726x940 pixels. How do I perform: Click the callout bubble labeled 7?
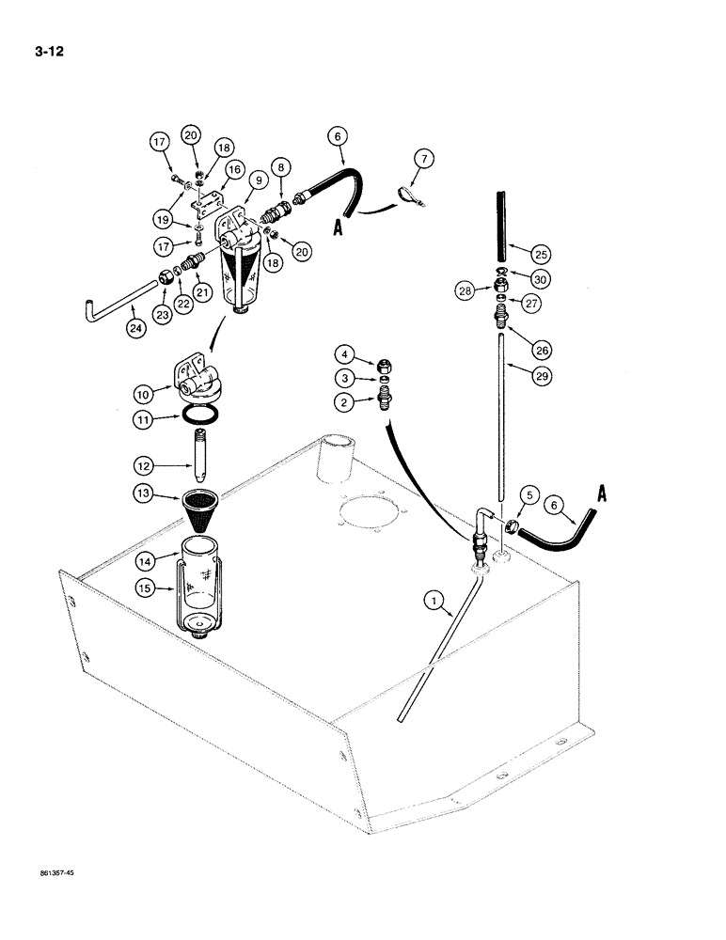click(425, 159)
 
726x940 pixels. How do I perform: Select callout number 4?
click(346, 355)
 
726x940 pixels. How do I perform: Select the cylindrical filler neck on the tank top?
click(334, 461)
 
